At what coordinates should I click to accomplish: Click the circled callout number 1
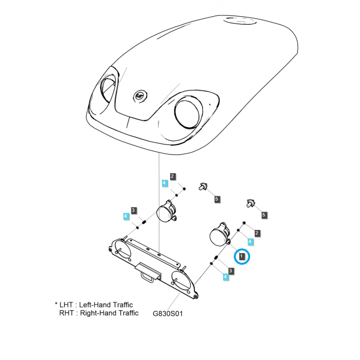tap(241, 256)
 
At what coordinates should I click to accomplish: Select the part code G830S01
tap(167, 314)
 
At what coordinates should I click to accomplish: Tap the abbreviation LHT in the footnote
tap(66, 305)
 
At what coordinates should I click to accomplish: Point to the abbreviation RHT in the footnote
tap(66, 313)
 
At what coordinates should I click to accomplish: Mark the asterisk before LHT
tap(56, 304)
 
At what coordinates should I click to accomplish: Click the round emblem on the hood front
tap(140, 96)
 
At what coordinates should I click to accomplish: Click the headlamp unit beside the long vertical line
tap(166, 211)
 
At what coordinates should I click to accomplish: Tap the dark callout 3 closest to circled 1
tap(230, 271)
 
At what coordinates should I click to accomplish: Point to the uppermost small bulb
tap(203, 186)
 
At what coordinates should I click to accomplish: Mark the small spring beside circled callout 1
tap(216, 258)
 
